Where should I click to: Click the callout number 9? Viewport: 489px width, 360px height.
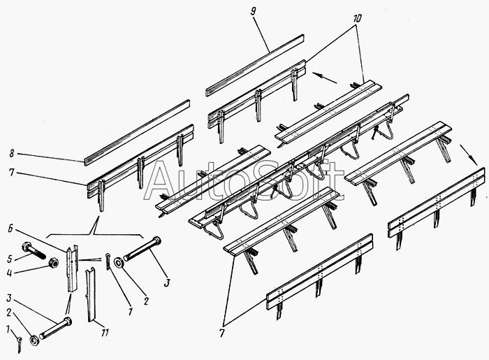[x=253, y=12]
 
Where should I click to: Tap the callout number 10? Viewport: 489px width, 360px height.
[x=357, y=19]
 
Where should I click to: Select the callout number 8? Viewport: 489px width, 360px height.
[x=12, y=153]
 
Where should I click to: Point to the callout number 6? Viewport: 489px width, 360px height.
[x=10, y=229]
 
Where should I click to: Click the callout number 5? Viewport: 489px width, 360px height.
[x=9, y=259]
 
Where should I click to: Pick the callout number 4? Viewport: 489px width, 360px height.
[x=9, y=273]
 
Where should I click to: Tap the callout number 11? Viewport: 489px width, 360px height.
[x=105, y=333]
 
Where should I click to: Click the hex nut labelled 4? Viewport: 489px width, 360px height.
[x=54, y=263]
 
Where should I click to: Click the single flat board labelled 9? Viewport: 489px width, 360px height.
[x=255, y=65]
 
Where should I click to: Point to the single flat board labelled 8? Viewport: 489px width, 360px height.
[x=137, y=133]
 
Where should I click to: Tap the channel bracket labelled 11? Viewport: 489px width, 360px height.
[x=90, y=294]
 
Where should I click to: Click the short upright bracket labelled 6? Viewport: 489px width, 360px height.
[x=72, y=268]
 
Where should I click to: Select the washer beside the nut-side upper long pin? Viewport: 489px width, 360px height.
[x=119, y=263]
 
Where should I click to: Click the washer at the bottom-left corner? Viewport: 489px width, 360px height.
[x=34, y=340]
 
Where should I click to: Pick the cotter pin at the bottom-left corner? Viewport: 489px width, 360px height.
[x=20, y=345]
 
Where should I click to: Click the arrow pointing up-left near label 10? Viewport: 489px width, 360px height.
[x=324, y=78]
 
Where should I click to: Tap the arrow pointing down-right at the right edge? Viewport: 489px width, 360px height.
[x=469, y=154]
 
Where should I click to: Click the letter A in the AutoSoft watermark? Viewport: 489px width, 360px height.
[x=166, y=180]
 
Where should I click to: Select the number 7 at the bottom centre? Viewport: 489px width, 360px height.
[x=221, y=333]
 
